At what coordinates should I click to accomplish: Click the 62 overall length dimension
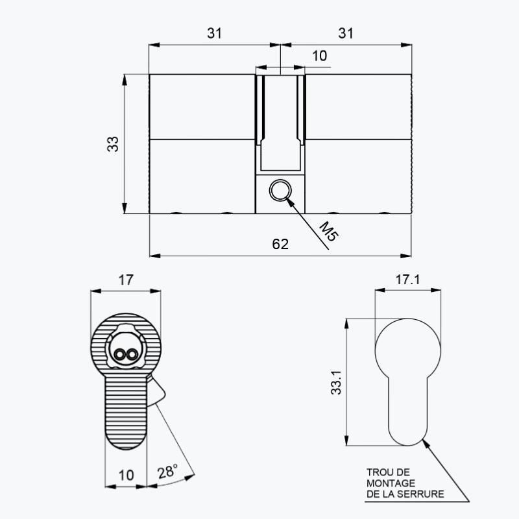pos(280,245)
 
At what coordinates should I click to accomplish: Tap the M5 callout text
pos(329,231)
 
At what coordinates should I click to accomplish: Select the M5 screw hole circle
pos(280,190)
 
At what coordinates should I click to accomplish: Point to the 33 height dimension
pos(113,144)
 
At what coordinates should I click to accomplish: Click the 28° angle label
pos(167,471)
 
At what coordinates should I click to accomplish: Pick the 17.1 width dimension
pos(408,280)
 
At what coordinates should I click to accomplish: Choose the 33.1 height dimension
pos(336,382)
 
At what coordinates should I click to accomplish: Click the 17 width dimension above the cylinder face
pos(126,280)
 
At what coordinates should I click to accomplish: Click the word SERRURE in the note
pos(420,494)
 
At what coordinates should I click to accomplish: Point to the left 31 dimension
pos(215,34)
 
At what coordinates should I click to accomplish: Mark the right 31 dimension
pos(346,34)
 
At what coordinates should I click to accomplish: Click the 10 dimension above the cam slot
pos(319,56)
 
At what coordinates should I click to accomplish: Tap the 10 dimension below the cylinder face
pos(126,476)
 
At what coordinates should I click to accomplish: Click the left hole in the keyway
pos(119,355)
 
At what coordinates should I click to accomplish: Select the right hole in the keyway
pos(132,355)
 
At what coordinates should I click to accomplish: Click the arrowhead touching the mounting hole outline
pos(426,444)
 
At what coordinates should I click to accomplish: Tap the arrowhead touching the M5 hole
pos(290,202)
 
